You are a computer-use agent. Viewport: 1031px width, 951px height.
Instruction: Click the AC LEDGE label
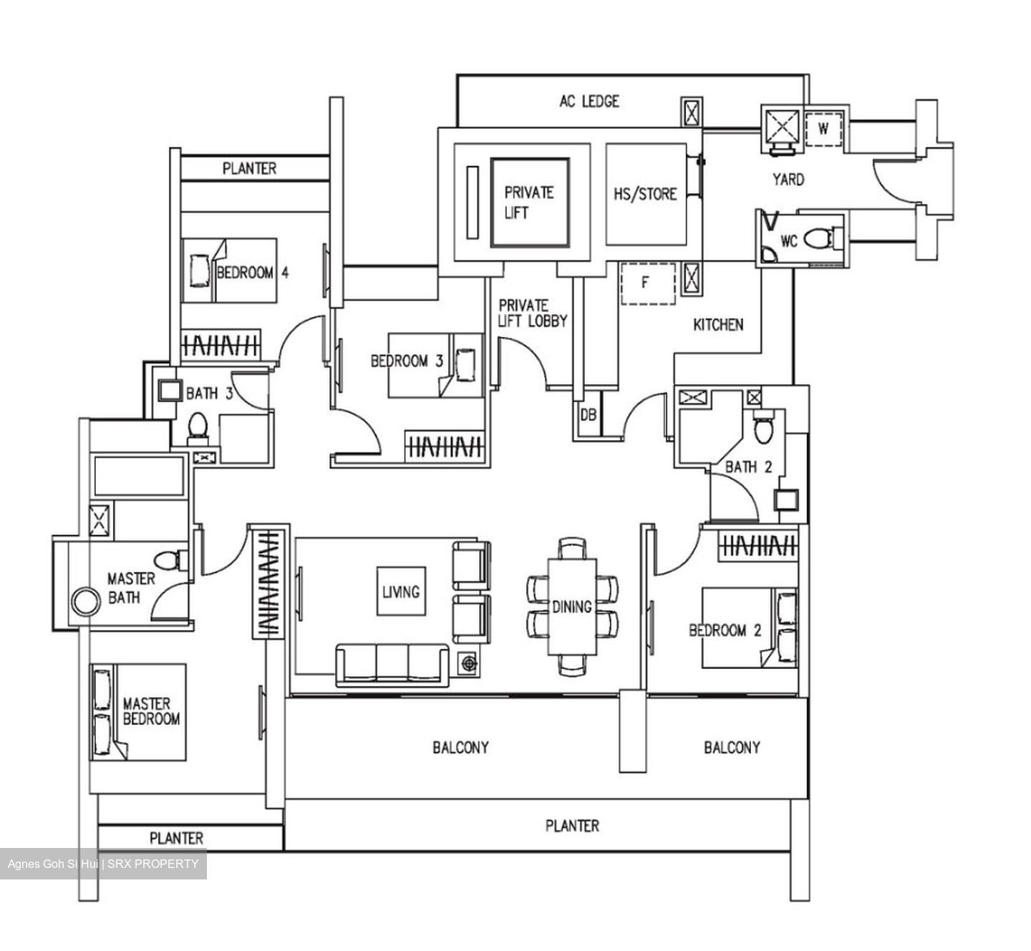coord(589,102)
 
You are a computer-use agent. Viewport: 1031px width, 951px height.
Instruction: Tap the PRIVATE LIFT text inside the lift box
coord(528,203)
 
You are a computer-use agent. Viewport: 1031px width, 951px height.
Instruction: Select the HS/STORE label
coord(645,194)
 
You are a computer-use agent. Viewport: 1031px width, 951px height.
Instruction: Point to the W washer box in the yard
coord(823,130)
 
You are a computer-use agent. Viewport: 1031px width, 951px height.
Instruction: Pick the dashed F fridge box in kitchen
coord(647,283)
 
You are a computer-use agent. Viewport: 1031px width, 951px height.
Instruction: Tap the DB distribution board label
coord(588,415)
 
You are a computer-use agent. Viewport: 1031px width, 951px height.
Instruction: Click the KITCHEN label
coord(718,325)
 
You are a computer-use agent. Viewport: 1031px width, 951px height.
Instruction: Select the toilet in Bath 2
coord(763,428)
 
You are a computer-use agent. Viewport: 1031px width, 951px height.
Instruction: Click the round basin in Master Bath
coord(85,602)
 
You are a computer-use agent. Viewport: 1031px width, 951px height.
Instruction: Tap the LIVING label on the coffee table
coord(401,592)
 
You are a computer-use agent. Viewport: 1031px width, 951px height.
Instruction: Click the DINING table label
coord(571,607)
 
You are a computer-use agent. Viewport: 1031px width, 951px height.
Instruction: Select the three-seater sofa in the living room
coord(392,665)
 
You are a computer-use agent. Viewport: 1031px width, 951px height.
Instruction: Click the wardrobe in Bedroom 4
coord(220,346)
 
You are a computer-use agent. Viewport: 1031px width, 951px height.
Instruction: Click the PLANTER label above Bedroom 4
coord(248,169)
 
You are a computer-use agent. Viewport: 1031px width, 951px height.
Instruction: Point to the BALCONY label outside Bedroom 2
coord(731,748)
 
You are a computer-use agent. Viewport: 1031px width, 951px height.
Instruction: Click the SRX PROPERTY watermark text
coord(153,864)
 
